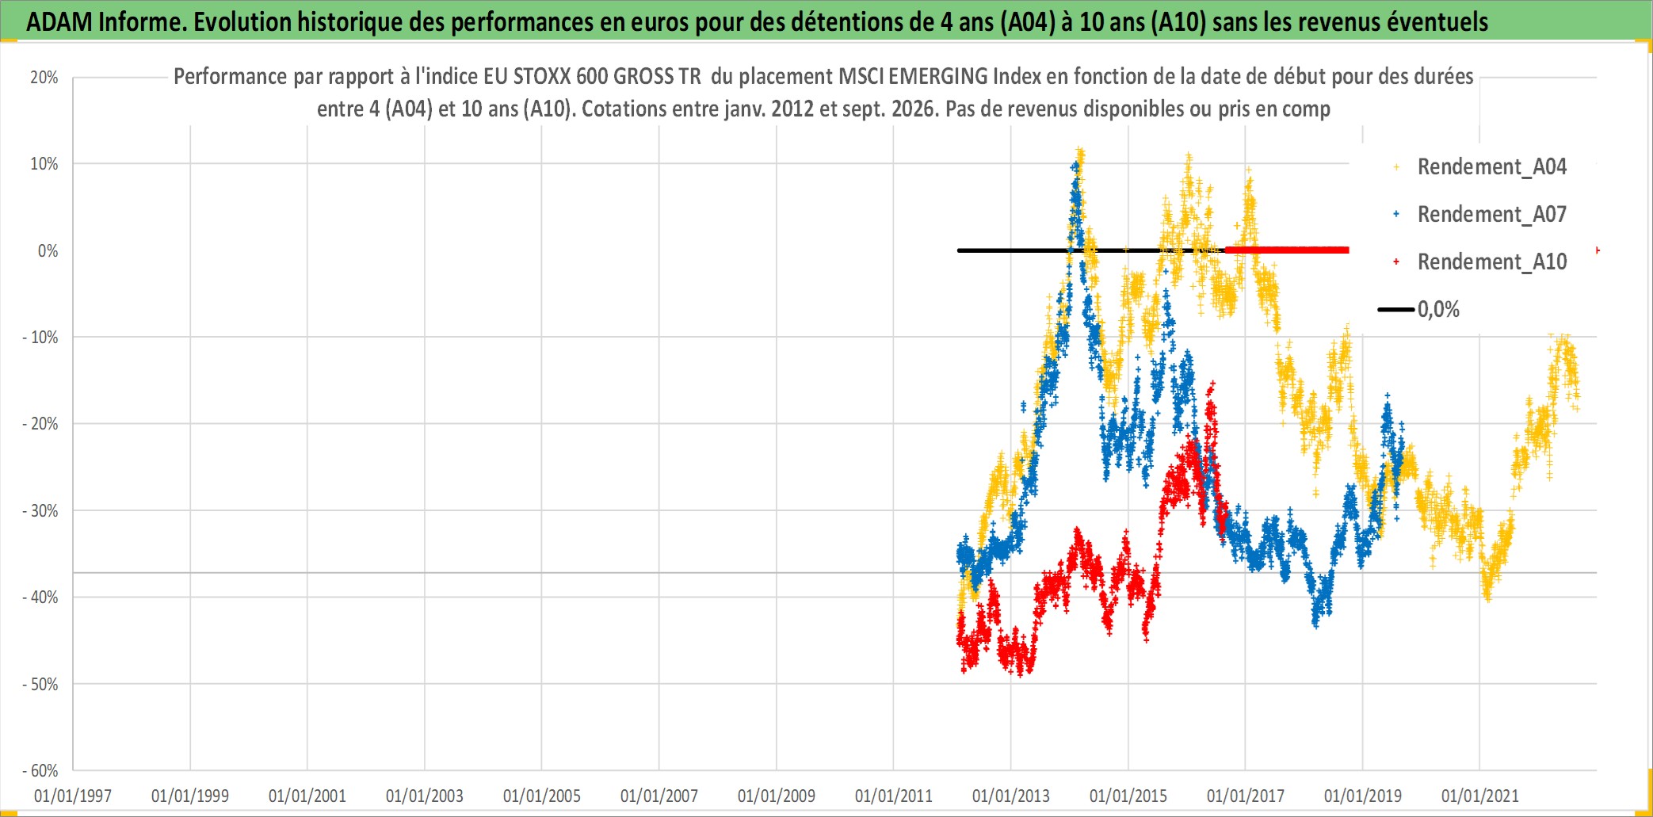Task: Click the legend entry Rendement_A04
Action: point(1492,167)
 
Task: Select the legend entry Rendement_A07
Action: point(1492,215)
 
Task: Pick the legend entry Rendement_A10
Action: point(1492,262)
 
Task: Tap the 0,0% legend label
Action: point(1438,310)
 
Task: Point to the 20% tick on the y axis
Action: point(44,78)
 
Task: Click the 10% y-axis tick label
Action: point(44,164)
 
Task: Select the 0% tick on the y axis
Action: point(48,251)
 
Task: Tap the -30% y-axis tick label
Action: point(40,511)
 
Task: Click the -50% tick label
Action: point(40,685)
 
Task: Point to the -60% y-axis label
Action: point(40,771)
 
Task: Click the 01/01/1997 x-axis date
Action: point(73,796)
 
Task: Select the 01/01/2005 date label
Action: point(542,796)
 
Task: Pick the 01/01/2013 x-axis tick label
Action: point(1011,796)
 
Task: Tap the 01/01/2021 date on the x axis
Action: point(1480,796)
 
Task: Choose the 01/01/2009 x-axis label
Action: point(777,796)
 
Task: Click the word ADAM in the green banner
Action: point(59,22)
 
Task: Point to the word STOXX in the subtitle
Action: point(542,77)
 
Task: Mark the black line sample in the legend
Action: point(1396,310)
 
